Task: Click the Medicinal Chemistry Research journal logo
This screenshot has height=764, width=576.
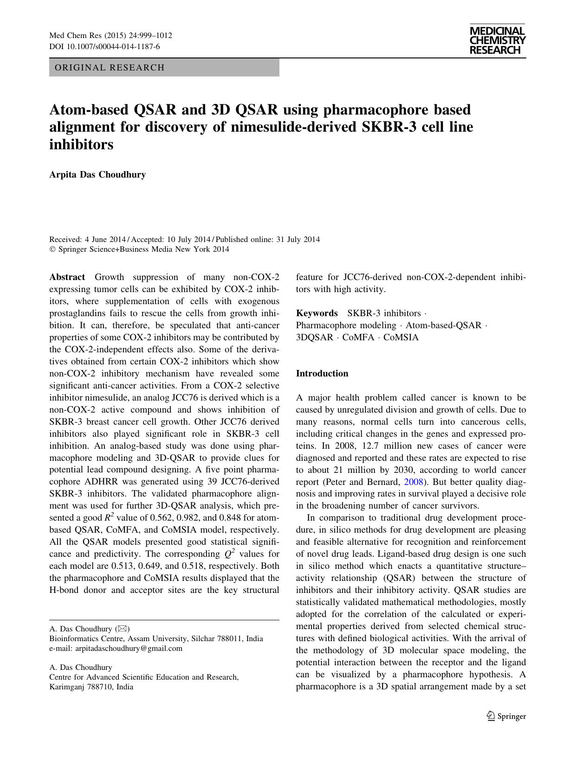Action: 497,40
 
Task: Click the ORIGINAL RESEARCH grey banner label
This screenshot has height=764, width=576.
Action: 110,68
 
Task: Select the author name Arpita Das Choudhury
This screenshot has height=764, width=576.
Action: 97,175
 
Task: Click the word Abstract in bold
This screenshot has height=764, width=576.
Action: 67,277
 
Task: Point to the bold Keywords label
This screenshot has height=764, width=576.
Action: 317,313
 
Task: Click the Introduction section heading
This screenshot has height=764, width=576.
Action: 322,374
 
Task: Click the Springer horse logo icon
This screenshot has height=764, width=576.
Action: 491,716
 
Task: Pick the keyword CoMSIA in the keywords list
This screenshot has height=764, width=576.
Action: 401,337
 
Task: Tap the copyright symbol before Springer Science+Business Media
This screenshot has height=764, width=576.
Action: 52,249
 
